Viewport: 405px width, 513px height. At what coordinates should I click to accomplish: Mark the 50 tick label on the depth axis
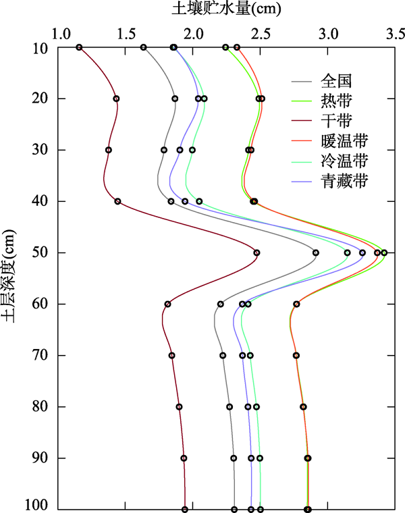[40, 252]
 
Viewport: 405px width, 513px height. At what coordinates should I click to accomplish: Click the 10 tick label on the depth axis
[40, 47]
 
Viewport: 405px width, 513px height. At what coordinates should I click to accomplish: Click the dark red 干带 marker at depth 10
[79, 47]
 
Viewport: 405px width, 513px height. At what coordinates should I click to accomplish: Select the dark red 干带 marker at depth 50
[256, 252]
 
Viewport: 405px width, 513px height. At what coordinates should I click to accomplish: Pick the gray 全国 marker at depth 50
[316, 252]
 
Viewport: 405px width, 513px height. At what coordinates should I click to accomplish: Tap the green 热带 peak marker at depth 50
[384, 252]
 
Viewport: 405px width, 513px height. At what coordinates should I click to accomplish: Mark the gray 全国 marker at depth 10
[143, 47]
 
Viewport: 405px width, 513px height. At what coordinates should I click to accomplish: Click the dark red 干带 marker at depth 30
[108, 150]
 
